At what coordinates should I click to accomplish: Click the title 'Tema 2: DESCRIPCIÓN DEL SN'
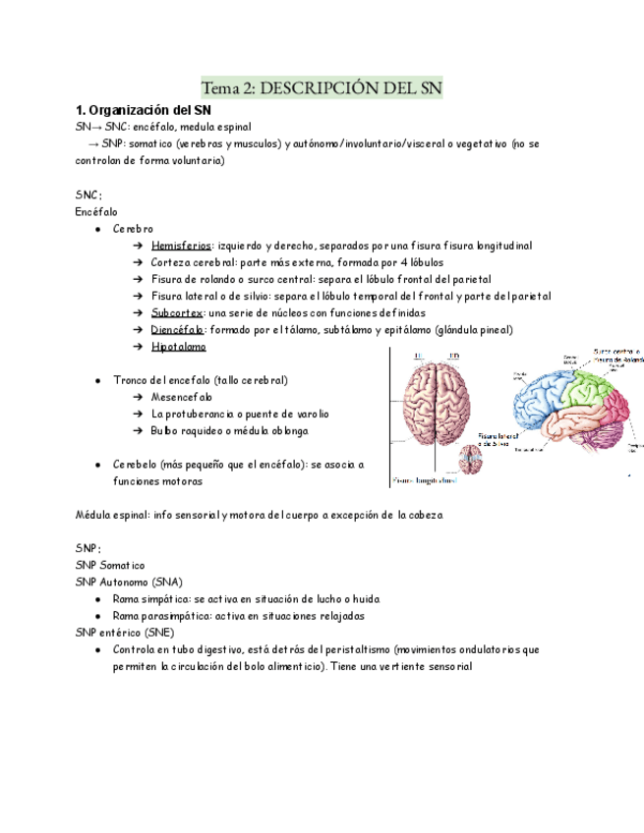(x=322, y=87)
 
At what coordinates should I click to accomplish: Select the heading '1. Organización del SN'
(x=144, y=110)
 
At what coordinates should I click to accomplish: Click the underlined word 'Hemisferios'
(x=181, y=245)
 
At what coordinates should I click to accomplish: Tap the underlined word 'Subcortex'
(x=177, y=312)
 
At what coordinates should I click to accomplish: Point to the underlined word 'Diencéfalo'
(x=177, y=329)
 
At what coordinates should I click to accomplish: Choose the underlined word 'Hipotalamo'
(x=178, y=347)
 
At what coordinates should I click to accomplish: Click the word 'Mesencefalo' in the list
(x=181, y=397)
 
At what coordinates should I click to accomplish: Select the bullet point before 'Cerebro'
(x=97, y=228)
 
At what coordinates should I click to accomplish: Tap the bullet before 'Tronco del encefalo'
(x=97, y=380)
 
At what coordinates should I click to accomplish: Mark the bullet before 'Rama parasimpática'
(x=97, y=616)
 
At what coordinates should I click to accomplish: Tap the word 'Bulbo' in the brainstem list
(x=165, y=431)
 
